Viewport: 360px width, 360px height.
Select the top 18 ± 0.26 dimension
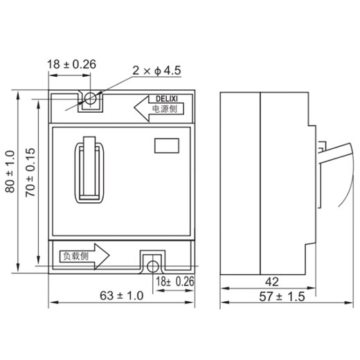point(71,65)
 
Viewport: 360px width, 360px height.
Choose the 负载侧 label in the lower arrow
point(75,255)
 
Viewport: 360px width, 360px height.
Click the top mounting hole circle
point(90,101)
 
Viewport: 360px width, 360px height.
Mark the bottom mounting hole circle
point(152,263)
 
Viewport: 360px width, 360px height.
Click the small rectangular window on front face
point(166,145)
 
